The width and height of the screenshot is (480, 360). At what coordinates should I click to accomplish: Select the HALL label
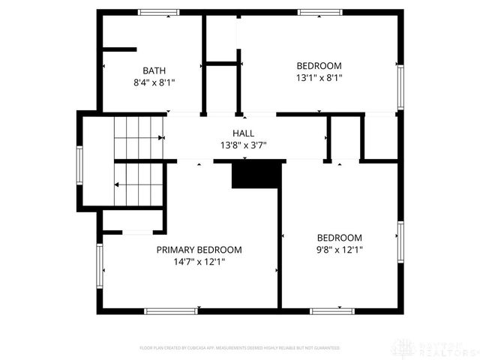pyautogui.click(x=242, y=133)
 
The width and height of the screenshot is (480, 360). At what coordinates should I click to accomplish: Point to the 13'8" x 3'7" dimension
pyautogui.click(x=243, y=145)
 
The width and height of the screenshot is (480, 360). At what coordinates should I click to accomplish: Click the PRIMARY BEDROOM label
pyautogui.click(x=199, y=250)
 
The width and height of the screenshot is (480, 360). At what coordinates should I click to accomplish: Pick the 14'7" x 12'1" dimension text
pyautogui.click(x=199, y=262)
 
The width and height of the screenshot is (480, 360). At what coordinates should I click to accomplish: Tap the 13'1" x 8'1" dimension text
pyautogui.click(x=319, y=76)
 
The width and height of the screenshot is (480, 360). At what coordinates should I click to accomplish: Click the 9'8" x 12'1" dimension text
pyautogui.click(x=339, y=250)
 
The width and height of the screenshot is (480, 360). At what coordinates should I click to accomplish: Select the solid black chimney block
pyautogui.click(x=255, y=175)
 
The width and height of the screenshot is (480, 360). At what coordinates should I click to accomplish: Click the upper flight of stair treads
pyautogui.click(x=139, y=136)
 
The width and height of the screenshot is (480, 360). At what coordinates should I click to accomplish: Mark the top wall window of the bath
pyautogui.click(x=158, y=12)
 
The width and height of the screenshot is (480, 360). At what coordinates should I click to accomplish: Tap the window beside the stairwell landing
pyautogui.click(x=79, y=164)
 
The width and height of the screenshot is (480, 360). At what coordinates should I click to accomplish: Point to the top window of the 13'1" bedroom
pyautogui.click(x=320, y=12)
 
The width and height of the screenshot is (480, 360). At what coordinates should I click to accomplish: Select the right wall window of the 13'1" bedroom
pyautogui.click(x=400, y=86)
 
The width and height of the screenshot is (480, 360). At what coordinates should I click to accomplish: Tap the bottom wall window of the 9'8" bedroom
pyautogui.click(x=332, y=310)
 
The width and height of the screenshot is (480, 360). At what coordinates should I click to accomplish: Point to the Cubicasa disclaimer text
pyautogui.click(x=240, y=348)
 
